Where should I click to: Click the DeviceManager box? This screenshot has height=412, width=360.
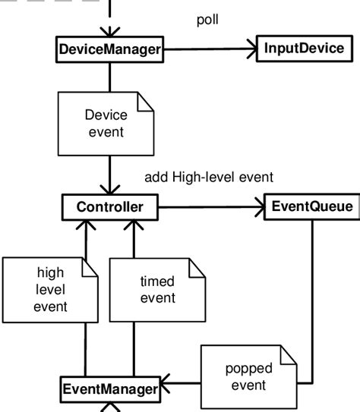click(110, 50)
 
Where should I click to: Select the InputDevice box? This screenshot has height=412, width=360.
click(304, 49)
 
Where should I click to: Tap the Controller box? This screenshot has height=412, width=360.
click(110, 206)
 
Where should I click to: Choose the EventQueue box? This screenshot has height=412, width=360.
click(311, 206)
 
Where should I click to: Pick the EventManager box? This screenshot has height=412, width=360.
click(110, 390)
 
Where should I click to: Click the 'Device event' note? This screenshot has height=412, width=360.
click(106, 125)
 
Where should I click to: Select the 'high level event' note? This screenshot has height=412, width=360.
click(50, 289)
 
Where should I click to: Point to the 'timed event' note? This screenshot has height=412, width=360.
click(157, 289)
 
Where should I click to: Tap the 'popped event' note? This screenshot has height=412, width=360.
click(246, 376)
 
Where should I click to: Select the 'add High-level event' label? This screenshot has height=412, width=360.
click(208, 178)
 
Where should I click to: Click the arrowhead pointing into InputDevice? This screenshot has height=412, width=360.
click(251, 50)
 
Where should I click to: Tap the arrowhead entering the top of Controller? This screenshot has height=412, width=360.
click(110, 190)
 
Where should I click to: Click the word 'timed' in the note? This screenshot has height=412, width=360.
click(157, 281)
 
